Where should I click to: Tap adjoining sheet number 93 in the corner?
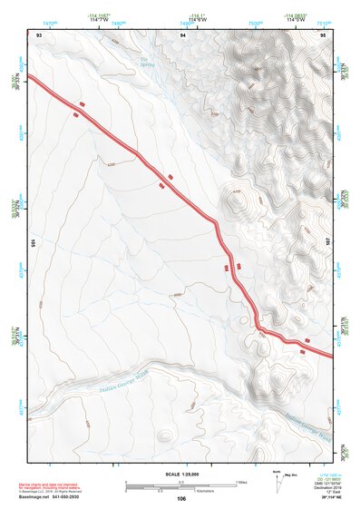click(38, 34)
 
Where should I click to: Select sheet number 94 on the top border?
click(183, 34)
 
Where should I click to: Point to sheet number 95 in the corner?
click(323, 34)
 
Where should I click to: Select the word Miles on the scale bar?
click(240, 481)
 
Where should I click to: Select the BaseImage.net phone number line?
click(56, 496)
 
